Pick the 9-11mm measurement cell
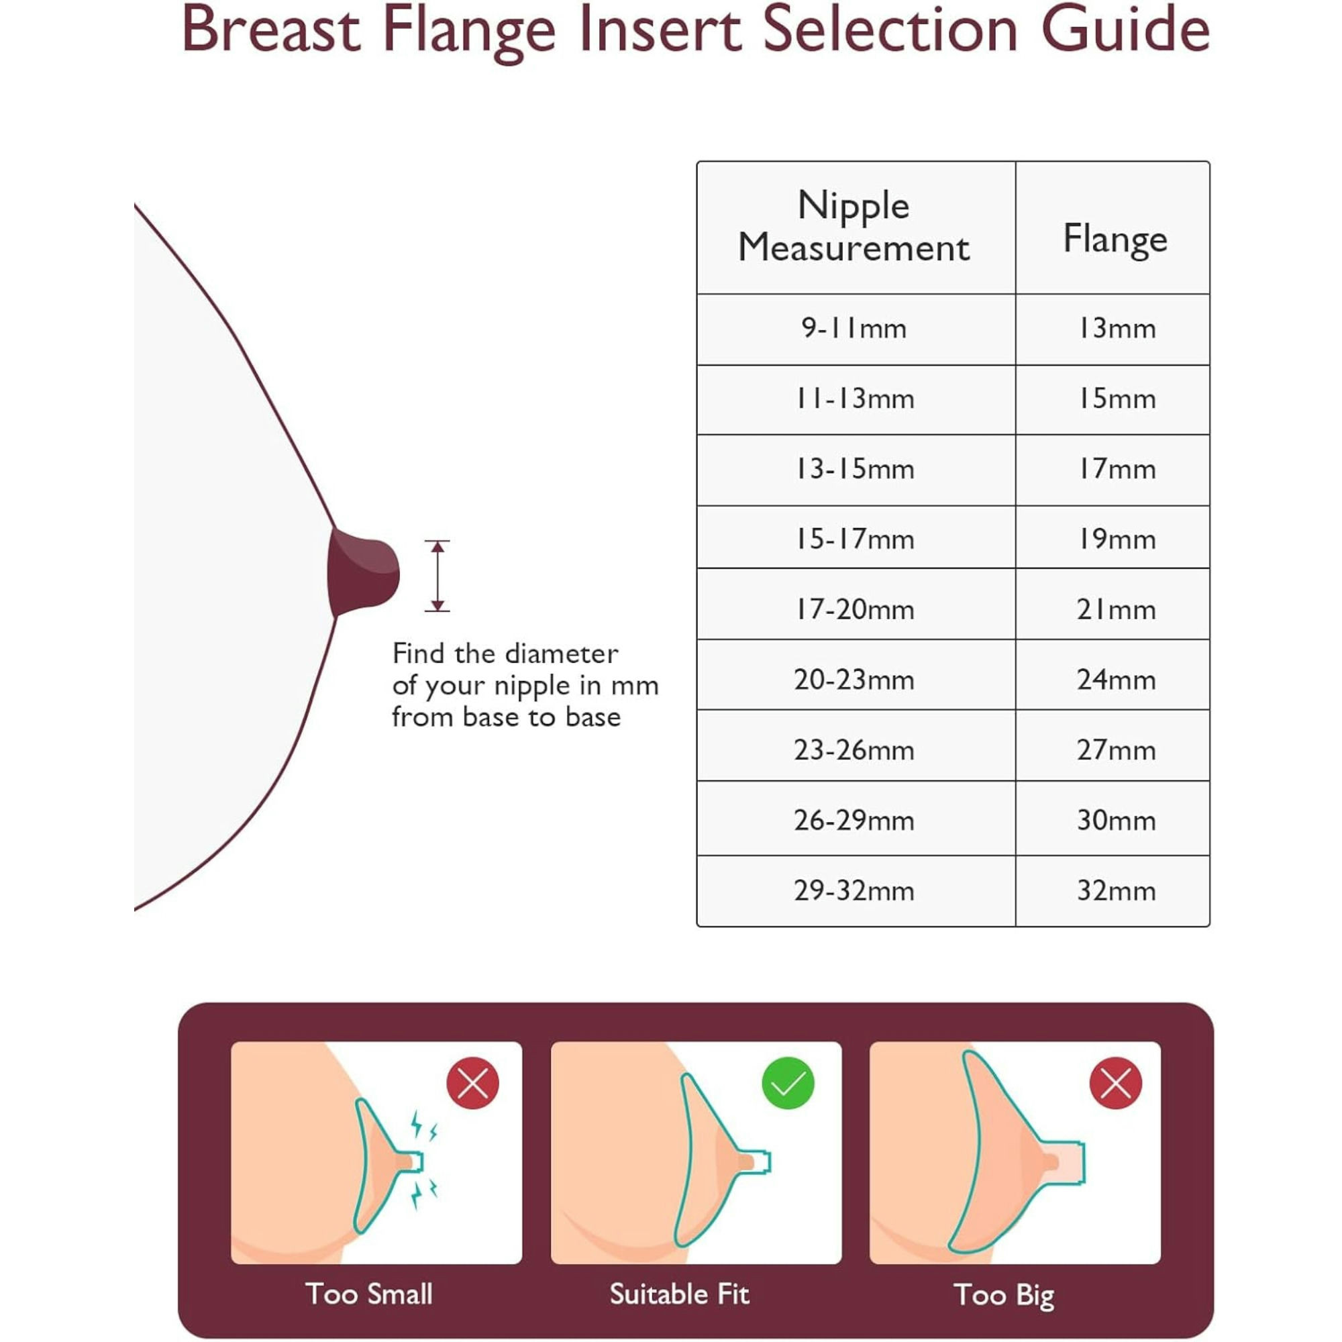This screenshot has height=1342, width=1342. [x=854, y=329]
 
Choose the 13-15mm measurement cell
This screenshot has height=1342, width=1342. [x=854, y=470]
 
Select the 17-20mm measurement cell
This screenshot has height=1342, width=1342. [x=854, y=610]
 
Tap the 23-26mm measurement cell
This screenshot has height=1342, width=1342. [x=854, y=751]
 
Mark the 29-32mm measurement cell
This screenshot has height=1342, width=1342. [x=854, y=891]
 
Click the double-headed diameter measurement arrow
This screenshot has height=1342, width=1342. [x=437, y=576]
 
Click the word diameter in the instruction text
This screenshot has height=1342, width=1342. [x=560, y=654]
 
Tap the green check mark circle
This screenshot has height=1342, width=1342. [x=788, y=1083]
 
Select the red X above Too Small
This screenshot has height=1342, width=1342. [x=473, y=1083]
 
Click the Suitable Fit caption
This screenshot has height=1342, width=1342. [x=679, y=1294]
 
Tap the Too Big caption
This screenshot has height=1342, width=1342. [x=1004, y=1296]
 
